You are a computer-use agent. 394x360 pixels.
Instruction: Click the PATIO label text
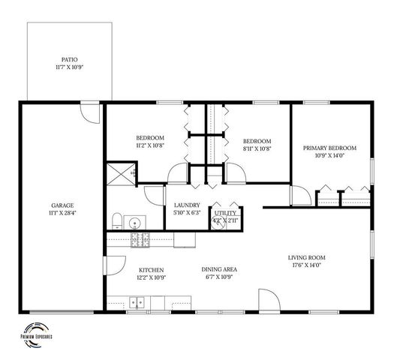click(x=70, y=59)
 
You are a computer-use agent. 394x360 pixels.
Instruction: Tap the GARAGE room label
click(x=62, y=205)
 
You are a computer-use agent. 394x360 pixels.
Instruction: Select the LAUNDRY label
click(x=185, y=205)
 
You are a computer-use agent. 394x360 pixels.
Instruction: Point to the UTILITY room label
click(x=225, y=212)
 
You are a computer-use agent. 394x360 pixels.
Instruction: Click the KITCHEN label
click(x=152, y=270)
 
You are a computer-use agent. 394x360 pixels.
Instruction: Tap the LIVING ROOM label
click(x=305, y=258)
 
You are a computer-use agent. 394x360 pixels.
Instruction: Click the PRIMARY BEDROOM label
click(x=329, y=148)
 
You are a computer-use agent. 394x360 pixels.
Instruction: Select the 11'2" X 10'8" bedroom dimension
click(x=150, y=145)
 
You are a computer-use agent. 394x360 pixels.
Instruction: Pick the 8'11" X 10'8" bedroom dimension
click(x=257, y=148)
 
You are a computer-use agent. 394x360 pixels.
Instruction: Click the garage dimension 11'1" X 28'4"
click(x=62, y=213)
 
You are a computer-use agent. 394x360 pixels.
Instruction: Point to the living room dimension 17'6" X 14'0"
click(x=305, y=265)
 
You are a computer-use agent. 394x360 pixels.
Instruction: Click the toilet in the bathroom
click(x=117, y=220)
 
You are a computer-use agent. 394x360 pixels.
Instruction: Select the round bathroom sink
click(x=136, y=223)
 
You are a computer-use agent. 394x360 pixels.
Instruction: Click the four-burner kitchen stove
click(x=140, y=240)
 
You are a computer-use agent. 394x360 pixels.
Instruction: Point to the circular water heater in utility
click(x=219, y=223)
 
